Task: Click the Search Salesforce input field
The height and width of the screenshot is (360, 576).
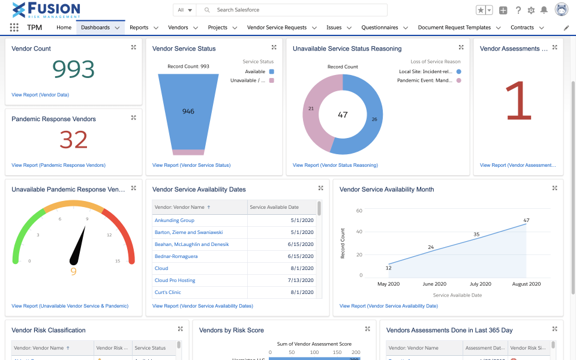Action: coord(294,10)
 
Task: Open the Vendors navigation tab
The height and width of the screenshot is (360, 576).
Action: coord(178,28)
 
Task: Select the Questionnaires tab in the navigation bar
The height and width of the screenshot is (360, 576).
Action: coord(379,28)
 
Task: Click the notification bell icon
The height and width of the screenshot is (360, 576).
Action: coord(544,10)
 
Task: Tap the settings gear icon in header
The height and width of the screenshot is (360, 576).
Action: coord(531,10)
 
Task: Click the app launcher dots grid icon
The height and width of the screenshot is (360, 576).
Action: coord(14,28)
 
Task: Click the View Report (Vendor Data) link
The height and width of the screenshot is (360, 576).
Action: coord(40,95)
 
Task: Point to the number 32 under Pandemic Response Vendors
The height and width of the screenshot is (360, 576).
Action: coord(74,140)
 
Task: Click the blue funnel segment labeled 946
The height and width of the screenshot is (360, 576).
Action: coord(188,112)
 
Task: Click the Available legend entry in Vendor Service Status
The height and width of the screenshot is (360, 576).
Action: coord(255,71)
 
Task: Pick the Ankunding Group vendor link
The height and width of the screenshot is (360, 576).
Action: coord(175,220)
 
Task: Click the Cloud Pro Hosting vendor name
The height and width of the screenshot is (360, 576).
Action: coord(175,280)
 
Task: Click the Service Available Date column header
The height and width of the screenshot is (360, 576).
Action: coord(274,207)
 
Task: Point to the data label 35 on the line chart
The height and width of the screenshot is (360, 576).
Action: coord(476,235)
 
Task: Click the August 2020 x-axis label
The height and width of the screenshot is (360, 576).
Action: coord(526,284)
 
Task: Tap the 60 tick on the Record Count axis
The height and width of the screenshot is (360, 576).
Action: coord(359,211)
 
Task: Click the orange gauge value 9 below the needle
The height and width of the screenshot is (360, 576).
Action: coord(74,271)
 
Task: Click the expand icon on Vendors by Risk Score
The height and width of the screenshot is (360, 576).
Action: coord(368,329)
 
